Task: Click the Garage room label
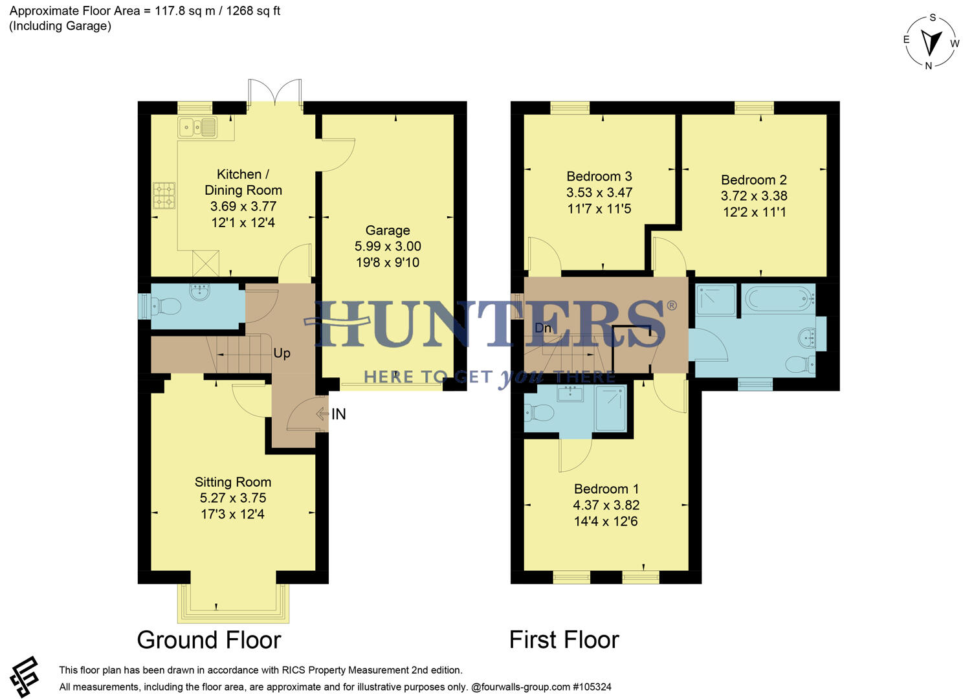(388, 230)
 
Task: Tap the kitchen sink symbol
(197, 128)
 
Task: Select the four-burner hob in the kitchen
(164, 195)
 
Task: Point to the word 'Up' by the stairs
(282, 353)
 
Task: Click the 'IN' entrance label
(338, 414)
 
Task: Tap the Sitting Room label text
(233, 482)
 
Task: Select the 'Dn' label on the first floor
(543, 328)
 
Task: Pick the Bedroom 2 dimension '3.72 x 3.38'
(754, 196)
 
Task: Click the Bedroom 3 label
(599, 177)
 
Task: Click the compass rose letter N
(929, 65)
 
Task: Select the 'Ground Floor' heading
(209, 640)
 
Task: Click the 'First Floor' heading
(564, 640)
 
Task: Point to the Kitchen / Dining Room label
(243, 183)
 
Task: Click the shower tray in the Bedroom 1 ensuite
(610, 408)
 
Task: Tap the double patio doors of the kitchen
(275, 93)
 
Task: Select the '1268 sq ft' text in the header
(253, 11)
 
